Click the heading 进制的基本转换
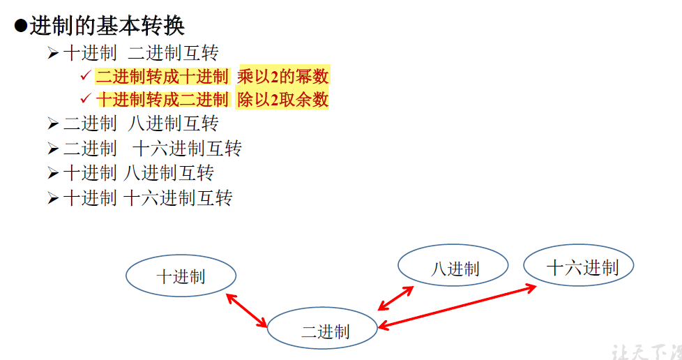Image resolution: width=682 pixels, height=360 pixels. tap(107, 26)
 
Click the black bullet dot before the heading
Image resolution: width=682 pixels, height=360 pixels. tap(20, 26)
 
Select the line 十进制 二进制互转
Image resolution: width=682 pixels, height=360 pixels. tap(141, 53)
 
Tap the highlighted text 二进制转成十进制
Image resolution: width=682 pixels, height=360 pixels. tap(162, 76)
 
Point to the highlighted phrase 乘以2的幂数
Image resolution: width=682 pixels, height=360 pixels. tap(282, 76)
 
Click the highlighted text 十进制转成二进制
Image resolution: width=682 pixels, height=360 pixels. tap(162, 99)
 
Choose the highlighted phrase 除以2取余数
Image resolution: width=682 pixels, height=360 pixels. tap(282, 99)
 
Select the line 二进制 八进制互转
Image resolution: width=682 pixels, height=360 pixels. tap(141, 124)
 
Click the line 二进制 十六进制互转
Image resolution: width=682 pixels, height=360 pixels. tap(152, 149)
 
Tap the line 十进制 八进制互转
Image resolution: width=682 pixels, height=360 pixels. tap(138, 173)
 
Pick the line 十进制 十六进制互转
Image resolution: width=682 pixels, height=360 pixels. tap(147, 198)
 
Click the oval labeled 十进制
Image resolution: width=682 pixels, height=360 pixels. tap(181, 276)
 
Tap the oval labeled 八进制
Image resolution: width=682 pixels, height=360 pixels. tap(453, 268)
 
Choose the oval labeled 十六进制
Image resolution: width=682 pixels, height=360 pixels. tap(579, 267)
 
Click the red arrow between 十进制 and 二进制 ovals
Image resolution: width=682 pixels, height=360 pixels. tap(247, 310)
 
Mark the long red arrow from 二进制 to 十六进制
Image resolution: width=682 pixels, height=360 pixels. tap(457, 306)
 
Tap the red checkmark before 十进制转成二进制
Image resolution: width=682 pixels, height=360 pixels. tap(85, 98)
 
